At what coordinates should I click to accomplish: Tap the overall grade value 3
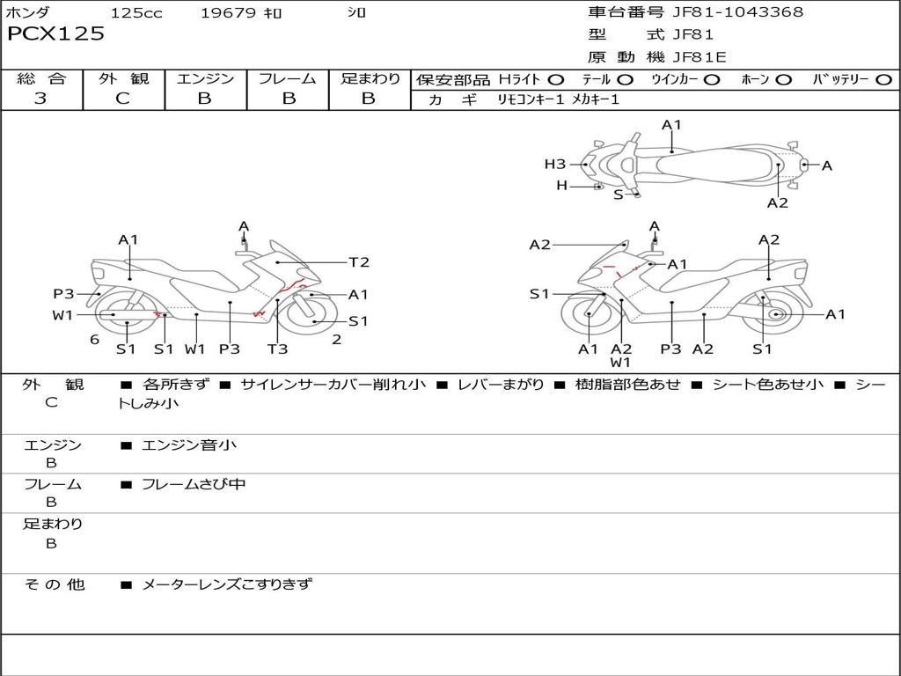40,99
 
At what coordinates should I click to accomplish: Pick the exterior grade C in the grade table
122,99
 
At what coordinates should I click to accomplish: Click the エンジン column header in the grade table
205,79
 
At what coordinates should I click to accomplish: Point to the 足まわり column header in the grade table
370,79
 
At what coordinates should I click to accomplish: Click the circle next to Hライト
556,80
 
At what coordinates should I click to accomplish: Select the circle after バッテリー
884,80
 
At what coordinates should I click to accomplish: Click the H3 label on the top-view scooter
554,164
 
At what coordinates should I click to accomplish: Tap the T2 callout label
359,262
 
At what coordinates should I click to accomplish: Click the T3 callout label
277,349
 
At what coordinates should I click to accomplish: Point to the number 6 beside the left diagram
94,340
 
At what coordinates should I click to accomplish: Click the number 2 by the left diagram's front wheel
336,340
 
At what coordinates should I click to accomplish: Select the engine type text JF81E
700,58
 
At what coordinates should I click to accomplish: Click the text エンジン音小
189,445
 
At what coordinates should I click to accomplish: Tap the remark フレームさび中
194,484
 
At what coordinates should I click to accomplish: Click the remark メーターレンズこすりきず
227,584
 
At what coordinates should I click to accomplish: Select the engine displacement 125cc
136,13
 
